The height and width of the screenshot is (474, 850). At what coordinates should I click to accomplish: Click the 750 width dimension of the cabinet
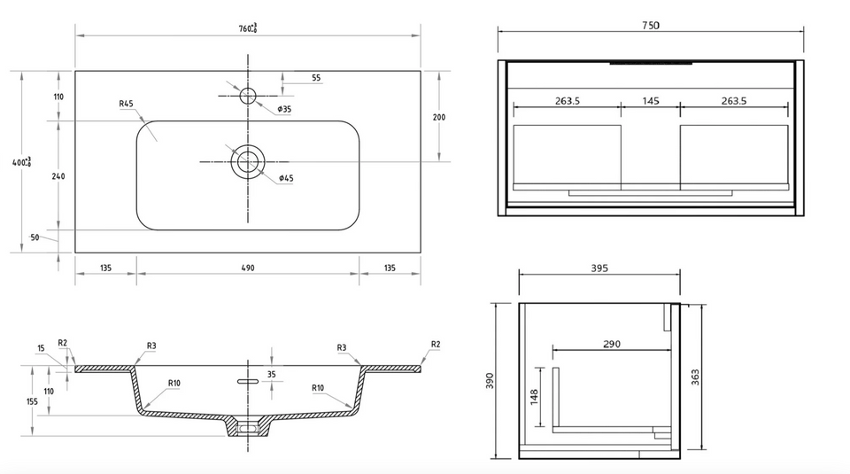(x=650, y=26)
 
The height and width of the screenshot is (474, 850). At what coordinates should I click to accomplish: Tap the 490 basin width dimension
(x=248, y=268)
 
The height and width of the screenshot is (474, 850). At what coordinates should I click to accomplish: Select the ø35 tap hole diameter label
(x=284, y=109)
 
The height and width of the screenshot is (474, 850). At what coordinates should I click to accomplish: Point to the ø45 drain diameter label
(x=286, y=178)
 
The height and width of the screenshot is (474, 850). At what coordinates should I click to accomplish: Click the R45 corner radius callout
(x=126, y=104)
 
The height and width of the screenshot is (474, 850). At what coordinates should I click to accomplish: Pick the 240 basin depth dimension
(x=58, y=176)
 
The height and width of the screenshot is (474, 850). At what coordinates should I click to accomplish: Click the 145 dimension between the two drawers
(x=651, y=101)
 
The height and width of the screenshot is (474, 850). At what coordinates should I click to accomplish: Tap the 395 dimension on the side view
(x=599, y=268)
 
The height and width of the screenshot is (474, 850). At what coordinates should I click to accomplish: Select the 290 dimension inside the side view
(x=612, y=344)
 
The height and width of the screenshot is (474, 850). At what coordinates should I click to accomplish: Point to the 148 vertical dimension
(x=534, y=396)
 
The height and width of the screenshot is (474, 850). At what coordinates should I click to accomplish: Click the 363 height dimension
(x=695, y=377)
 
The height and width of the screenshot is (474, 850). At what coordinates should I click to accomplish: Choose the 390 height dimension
(x=490, y=380)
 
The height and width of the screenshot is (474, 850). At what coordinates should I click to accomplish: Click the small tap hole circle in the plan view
(x=248, y=96)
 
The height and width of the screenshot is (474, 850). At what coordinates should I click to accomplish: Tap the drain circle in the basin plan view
(x=248, y=161)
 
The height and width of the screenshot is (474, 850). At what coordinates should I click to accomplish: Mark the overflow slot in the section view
(x=248, y=381)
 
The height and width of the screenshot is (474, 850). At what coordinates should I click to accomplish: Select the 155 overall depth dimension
(x=32, y=401)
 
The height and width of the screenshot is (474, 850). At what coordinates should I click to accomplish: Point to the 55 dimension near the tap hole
(x=316, y=78)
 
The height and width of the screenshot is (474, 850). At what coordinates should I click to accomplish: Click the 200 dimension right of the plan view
(x=439, y=117)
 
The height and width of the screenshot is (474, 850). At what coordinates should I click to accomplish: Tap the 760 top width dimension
(x=248, y=27)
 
